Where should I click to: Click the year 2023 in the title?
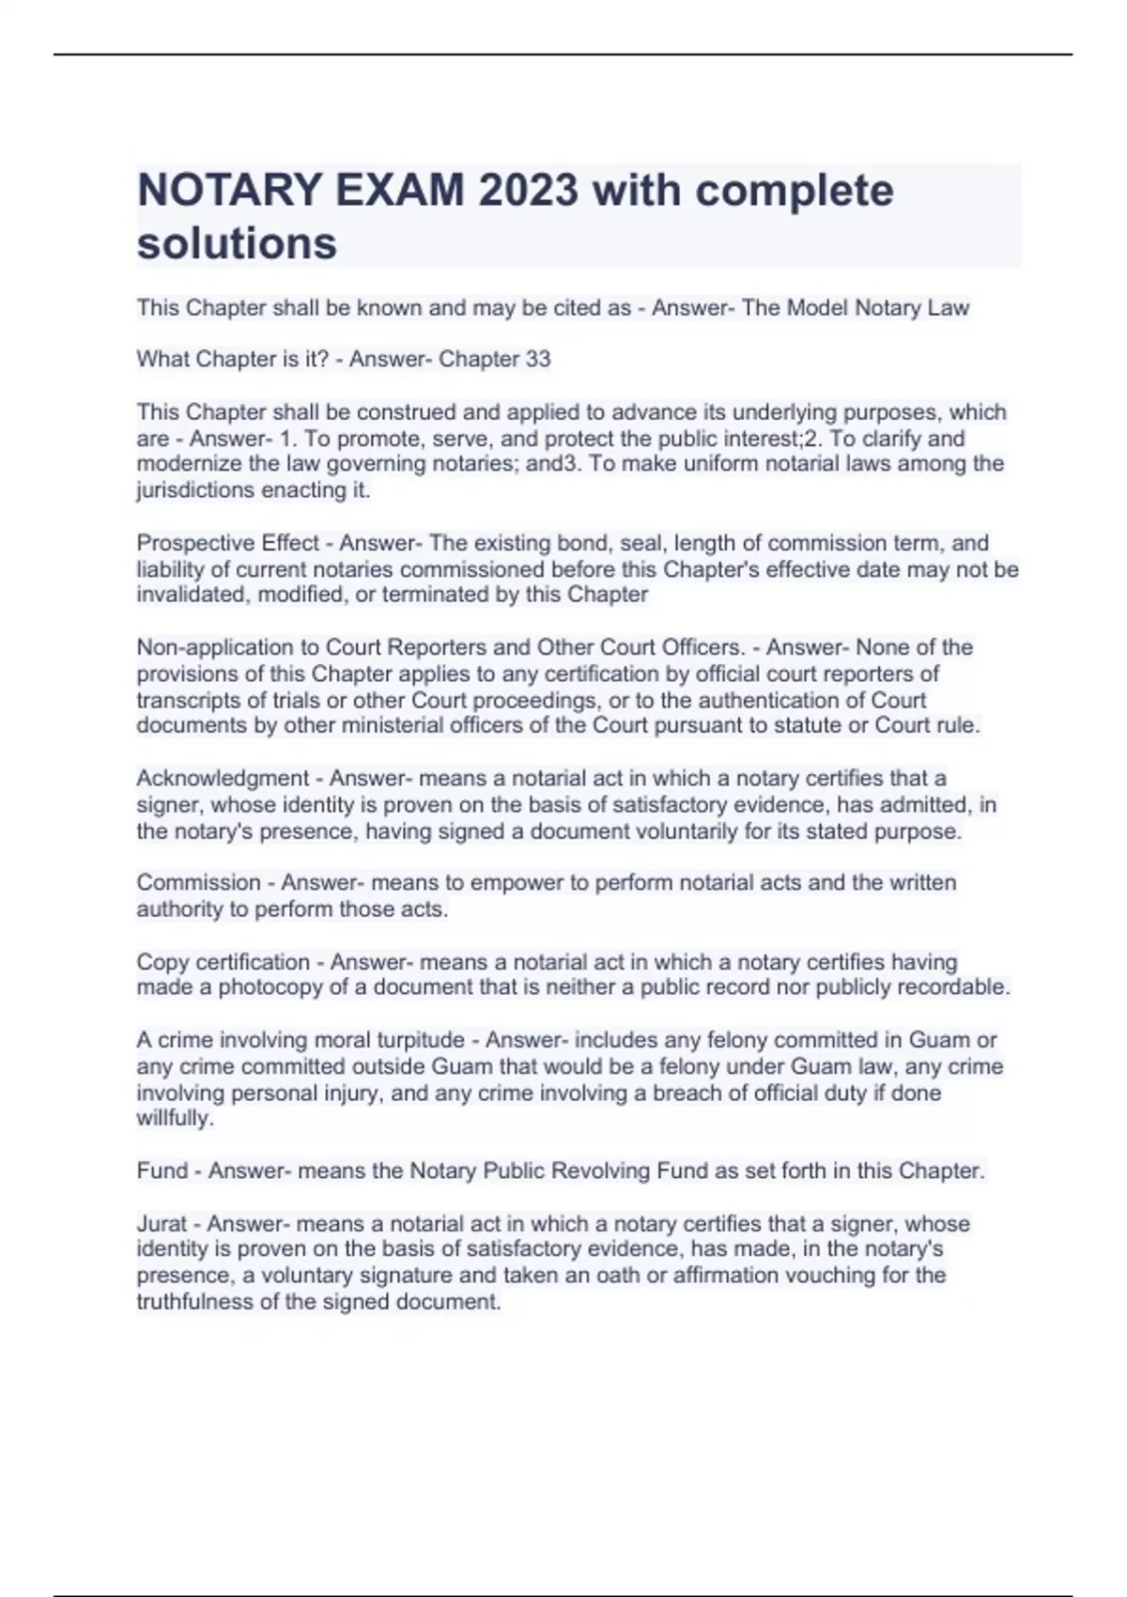[x=528, y=191]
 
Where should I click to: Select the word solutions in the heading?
[x=237, y=243]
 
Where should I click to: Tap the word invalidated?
[x=192, y=595]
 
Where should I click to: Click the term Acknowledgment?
[x=223, y=779]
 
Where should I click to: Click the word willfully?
[x=175, y=1119]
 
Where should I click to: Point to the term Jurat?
[x=162, y=1224]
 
